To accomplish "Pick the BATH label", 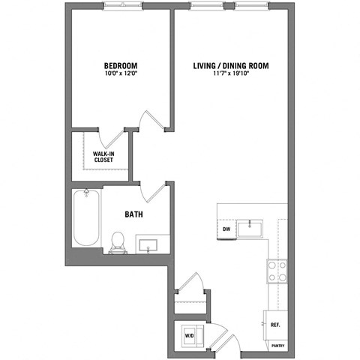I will (x=134, y=214).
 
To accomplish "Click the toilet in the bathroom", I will (x=118, y=240).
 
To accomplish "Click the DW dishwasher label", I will (x=226, y=229).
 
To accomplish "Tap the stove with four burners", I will (x=274, y=270).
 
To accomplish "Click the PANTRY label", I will (x=278, y=347).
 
